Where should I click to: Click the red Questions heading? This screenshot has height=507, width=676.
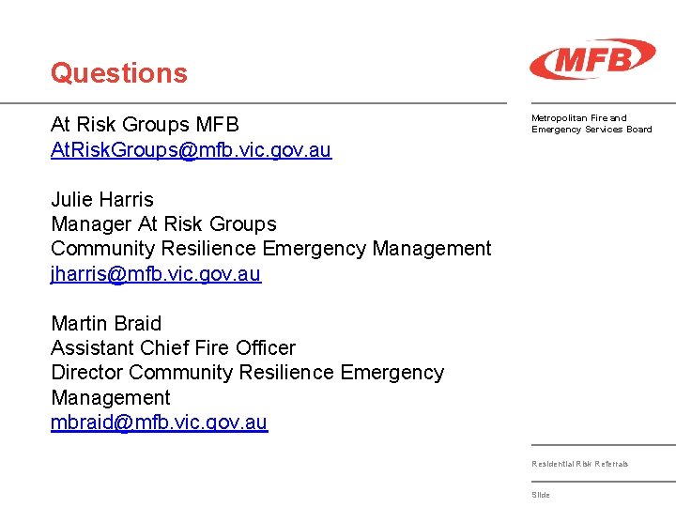(119, 73)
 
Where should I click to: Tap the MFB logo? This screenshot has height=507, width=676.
(591, 59)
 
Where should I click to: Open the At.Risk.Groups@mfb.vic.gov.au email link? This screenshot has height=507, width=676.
(191, 150)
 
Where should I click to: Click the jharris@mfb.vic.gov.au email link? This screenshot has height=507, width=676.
(156, 274)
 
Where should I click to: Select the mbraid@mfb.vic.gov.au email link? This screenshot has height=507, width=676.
(159, 422)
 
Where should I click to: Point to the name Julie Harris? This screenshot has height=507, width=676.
(101, 199)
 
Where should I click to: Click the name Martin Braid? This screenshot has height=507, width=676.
(106, 323)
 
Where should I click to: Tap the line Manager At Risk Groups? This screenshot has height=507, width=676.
(163, 223)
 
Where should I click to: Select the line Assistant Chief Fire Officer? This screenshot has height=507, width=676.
(173, 347)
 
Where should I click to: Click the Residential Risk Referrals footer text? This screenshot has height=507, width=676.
(579, 464)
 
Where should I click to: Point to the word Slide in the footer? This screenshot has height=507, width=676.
(541, 495)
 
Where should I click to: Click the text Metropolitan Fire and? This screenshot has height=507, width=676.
(578, 118)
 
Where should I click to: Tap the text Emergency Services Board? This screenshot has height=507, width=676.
(591, 130)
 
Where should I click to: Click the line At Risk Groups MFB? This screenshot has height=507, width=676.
(145, 124)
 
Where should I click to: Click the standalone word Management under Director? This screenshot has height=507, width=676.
(110, 397)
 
